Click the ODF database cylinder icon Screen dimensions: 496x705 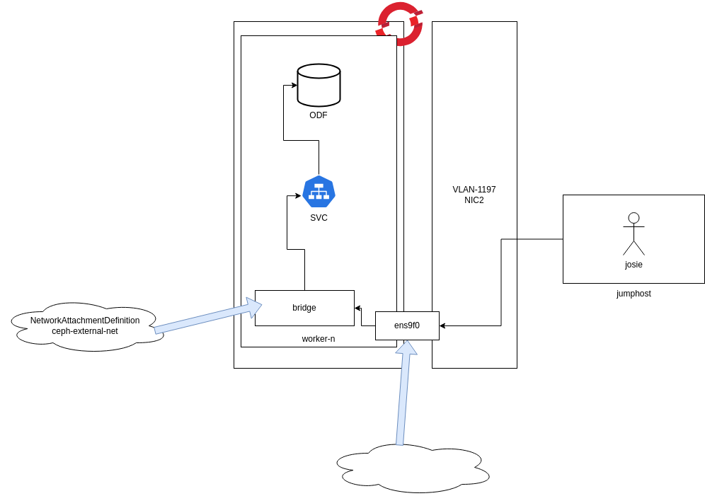(319, 85)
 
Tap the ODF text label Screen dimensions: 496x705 (319, 115)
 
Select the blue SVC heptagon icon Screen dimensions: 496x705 (319, 191)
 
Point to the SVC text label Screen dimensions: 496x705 (319, 218)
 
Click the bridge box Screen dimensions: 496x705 (304, 308)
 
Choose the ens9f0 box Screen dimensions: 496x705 (407, 325)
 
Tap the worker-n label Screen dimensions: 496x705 (319, 339)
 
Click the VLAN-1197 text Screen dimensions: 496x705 (474, 190)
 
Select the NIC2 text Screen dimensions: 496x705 (474, 200)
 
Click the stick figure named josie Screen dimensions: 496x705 (634, 233)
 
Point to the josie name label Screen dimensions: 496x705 (634, 265)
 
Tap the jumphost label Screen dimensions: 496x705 (634, 294)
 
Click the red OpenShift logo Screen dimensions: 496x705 (400, 23)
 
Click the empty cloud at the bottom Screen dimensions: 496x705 (412, 468)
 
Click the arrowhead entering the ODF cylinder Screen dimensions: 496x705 (294, 85)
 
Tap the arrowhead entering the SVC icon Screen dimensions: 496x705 (298, 195)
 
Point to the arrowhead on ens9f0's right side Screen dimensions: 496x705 (442, 325)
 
